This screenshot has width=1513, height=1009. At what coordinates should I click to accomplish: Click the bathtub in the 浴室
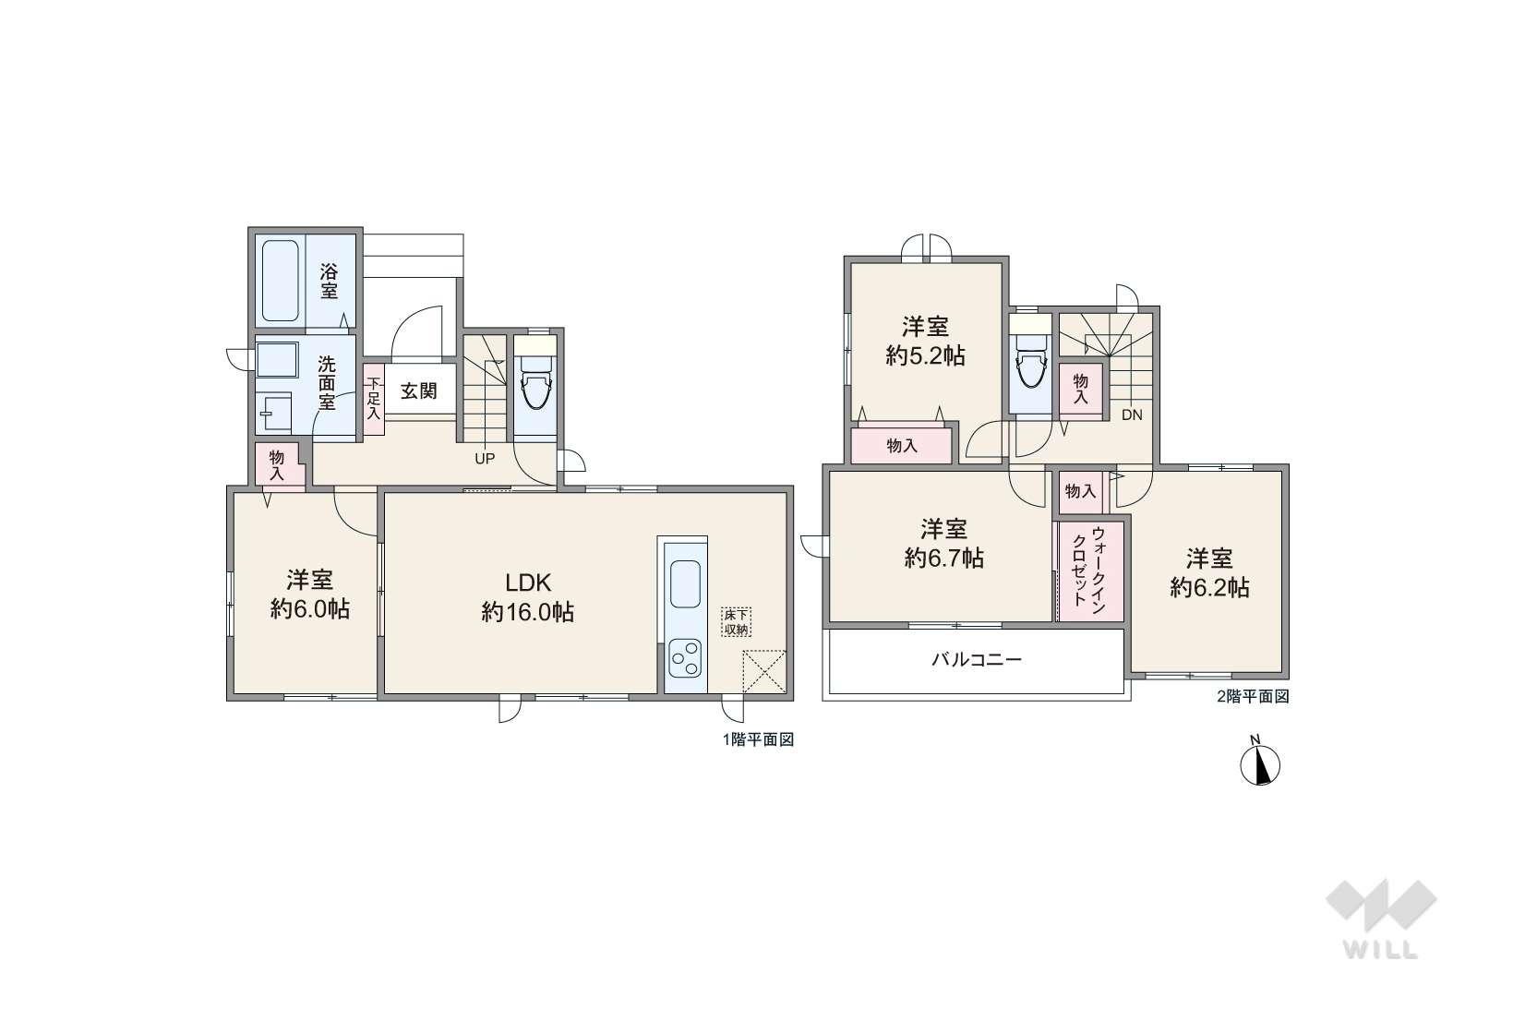pyautogui.click(x=280, y=281)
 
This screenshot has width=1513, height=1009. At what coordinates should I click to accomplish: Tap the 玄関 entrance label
pyautogui.click(x=419, y=390)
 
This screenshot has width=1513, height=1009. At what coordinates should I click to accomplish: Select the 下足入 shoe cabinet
pyautogui.click(x=374, y=399)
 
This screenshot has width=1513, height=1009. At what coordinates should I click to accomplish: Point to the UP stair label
pyautogui.click(x=485, y=459)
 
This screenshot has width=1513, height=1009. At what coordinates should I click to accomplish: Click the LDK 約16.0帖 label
pyautogui.click(x=527, y=597)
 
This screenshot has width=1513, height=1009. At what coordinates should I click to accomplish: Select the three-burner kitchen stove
pyautogui.click(x=685, y=658)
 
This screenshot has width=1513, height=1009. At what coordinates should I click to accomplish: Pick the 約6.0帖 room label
pyautogui.click(x=310, y=610)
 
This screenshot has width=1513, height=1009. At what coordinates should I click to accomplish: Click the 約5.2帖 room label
pyautogui.click(x=925, y=355)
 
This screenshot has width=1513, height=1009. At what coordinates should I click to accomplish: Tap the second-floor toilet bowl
pyautogui.click(x=1030, y=367)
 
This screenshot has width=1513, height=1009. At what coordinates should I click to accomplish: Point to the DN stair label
pyautogui.click(x=1132, y=415)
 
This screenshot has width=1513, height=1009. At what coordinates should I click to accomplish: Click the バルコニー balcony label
pyautogui.click(x=977, y=659)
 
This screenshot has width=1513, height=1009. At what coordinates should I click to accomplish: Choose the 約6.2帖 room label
pyautogui.click(x=1209, y=587)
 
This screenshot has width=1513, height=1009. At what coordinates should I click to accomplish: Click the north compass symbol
pyautogui.click(x=1260, y=763)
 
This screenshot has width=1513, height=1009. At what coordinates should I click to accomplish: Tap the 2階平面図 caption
pyautogui.click(x=1253, y=696)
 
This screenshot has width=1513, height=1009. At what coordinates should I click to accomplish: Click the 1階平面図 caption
pyautogui.click(x=758, y=739)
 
